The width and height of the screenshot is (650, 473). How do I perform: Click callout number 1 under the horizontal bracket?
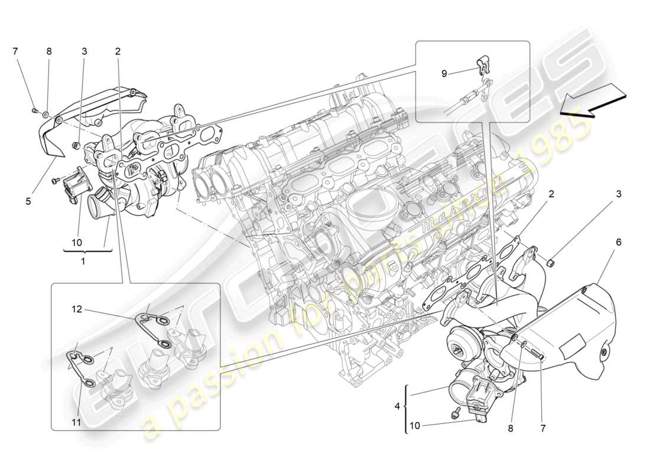pos(83,261)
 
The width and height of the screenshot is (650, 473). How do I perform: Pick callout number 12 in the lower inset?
pos(77,309)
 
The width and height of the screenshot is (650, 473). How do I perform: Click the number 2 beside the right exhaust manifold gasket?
pos(551,194)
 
